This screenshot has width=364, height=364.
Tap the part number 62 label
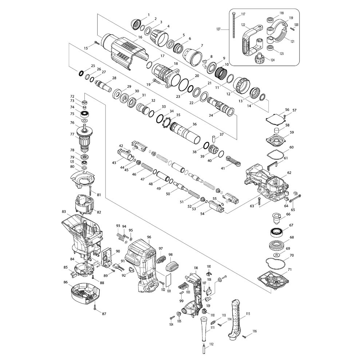pyautogui.click(x=289, y=173)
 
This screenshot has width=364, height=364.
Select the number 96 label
pyautogui.click(x=149, y=237)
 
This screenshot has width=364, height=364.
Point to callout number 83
pyautogui.click(x=64, y=212)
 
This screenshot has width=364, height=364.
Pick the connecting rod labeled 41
pyautogui.click(x=233, y=161)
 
